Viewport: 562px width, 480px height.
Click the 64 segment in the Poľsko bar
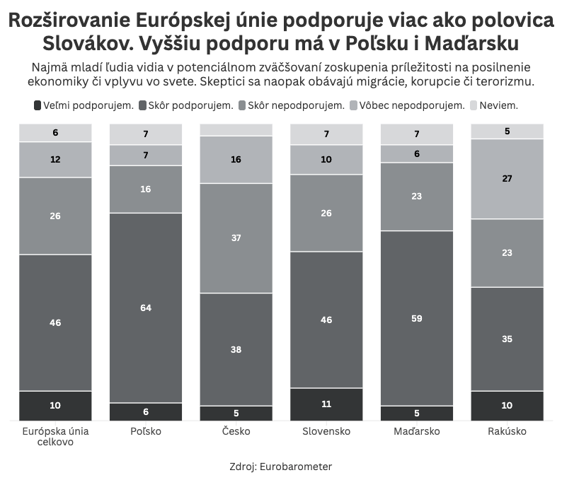tap(146, 308)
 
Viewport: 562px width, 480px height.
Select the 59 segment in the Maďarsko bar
tap(417, 318)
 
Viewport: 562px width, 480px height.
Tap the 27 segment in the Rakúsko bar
tap(507, 179)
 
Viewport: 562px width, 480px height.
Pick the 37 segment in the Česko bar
tap(236, 238)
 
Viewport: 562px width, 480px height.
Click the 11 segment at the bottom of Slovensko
tap(326, 404)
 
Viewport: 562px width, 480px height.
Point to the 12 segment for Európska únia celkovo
tap(55, 160)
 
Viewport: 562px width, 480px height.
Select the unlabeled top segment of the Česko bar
tap(236, 130)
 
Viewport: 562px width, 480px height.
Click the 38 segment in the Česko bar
tap(236, 349)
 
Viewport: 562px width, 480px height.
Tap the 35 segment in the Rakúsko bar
tap(507, 339)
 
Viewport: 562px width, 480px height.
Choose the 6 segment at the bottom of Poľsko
tap(146, 412)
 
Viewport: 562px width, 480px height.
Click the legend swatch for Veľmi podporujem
tap(37, 105)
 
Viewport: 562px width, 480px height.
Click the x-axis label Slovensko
tap(326, 431)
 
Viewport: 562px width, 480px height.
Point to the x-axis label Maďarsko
tap(417, 431)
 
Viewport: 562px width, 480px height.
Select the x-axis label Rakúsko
tap(507, 431)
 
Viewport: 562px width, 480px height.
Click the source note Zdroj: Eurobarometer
tap(281, 467)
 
